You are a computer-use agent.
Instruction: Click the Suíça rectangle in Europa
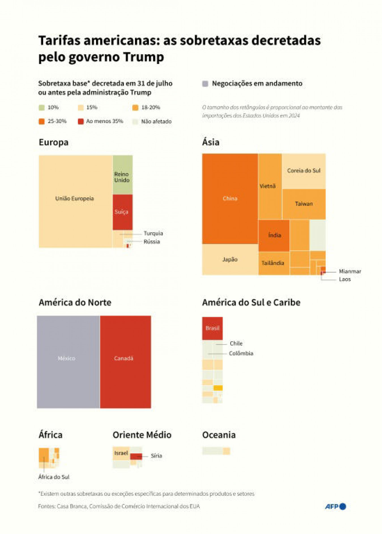point(122,212)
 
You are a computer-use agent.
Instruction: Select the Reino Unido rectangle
point(122,175)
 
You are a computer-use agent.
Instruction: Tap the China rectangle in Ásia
point(230,199)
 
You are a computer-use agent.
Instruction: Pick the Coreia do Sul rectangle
point(304,171)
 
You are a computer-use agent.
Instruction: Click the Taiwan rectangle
point(304,204)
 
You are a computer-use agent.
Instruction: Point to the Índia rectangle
point(274,235)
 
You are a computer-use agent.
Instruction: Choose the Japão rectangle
point(230,259)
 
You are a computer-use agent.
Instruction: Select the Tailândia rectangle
point(273,263)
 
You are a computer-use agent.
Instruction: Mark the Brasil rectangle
point(212,328)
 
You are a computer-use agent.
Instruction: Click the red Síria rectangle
point(136,456)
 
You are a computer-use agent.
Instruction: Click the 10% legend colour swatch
point(42,108)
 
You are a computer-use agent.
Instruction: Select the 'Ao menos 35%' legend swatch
point(81,122)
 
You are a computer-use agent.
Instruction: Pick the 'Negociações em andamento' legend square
point(205,84)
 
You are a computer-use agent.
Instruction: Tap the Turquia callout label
point(153,233)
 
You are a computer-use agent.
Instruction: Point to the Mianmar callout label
point(350,272)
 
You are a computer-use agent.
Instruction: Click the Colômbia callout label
point(241,353)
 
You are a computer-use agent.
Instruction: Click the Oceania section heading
point(219,435)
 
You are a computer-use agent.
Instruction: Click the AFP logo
point(335,506)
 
